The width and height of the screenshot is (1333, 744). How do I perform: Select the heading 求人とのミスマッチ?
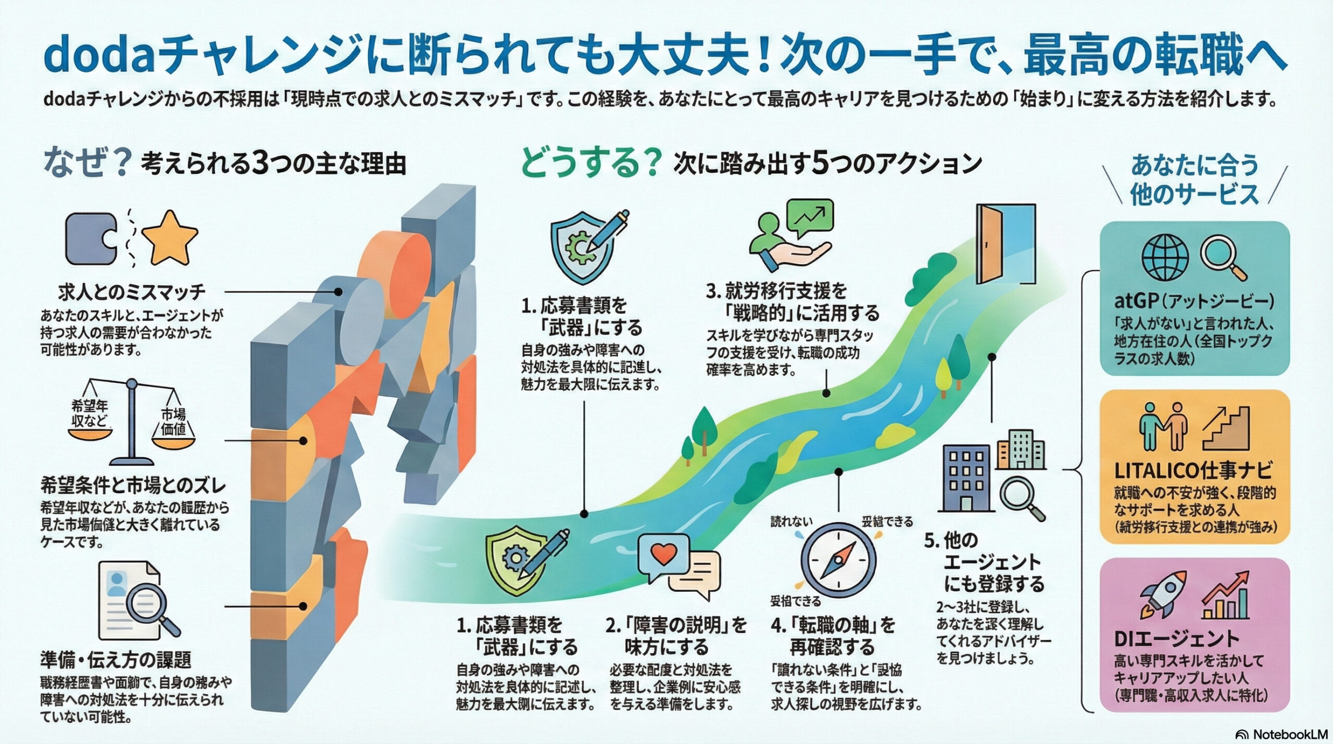(x=132, y=293)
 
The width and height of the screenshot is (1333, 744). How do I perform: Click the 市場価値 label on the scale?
(x=173, y=421)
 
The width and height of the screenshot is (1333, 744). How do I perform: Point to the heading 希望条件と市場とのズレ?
(x=133, y=485)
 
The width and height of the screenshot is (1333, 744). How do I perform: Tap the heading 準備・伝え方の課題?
(x=116, y=660)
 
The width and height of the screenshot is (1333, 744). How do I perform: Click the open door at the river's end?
(x=1005, y=244)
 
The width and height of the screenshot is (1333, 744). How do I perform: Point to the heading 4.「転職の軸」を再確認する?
(x=833, y=636)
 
